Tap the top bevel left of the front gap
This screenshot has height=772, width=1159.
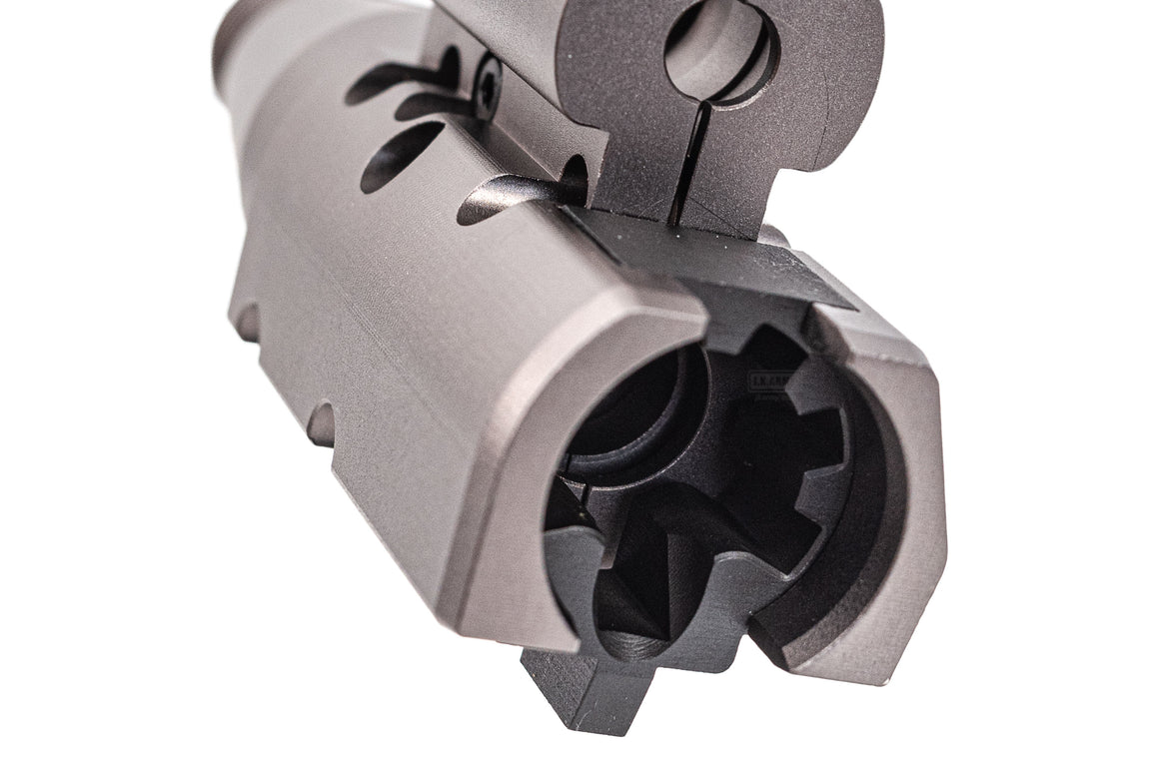(639, 305)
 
